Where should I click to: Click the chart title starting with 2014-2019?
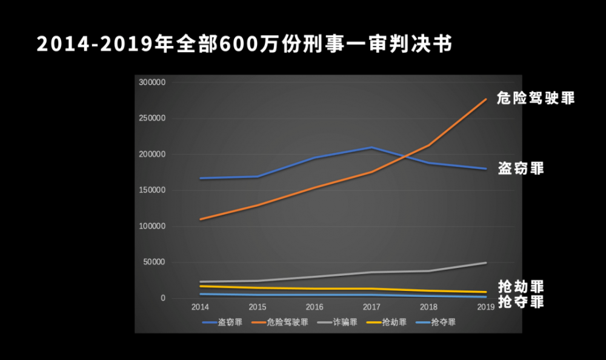[x=244, y=44]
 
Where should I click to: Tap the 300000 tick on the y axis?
[x=152, y=82]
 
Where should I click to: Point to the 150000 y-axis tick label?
[x=152, y=190]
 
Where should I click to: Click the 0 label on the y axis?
[x=162, y=298]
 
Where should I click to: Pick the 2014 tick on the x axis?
[x=200, y=308]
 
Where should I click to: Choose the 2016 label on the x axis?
[x=315, y=308]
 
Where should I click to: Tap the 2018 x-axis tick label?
[x=429, y=308]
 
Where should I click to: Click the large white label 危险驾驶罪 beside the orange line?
[x=535, y=98]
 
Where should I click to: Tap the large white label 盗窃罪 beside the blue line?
[x=521, y=168]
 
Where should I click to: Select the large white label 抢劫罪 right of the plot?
[x=521, y=287]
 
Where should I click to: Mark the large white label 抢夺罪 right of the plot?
[x=521, y=301]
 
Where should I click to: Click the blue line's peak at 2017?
[x=371, y=147]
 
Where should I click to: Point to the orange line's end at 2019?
[x=485, y=99]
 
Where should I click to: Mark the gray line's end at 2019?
[x=485, y=262]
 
